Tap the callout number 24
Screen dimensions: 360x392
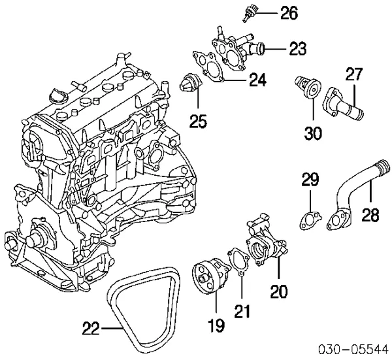click(257, 80)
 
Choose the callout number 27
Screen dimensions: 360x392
click(353, 75)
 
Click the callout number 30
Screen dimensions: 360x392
click(313, 133)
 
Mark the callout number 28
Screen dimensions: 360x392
click(370, 216)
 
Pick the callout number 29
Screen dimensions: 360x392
click(310, 181)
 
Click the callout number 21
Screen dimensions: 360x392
click(242, 313)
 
